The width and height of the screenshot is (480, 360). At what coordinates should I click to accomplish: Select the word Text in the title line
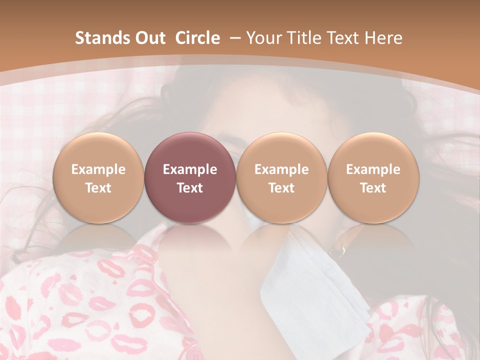(343, 38)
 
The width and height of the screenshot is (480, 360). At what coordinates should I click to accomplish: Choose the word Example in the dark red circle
(190, 169)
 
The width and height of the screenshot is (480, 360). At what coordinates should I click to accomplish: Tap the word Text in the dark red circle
(190, 188)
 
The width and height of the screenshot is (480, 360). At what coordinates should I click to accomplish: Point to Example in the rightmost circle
(373, 169)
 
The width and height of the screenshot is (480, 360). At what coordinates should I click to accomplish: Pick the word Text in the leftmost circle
(98, 188)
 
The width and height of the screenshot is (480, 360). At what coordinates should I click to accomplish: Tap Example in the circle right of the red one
(281, 169)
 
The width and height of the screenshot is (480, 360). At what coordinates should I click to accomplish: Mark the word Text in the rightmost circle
(373, 188)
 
